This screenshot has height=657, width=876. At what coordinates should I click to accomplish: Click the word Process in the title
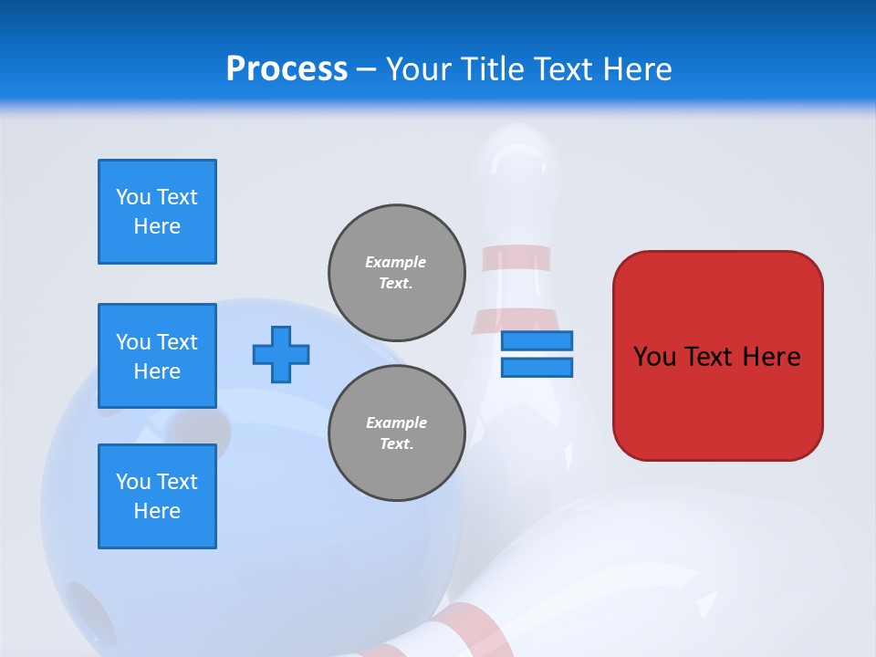287,69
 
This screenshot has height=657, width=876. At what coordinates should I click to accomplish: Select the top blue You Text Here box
157,212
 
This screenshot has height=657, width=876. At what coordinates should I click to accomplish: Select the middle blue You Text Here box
157,356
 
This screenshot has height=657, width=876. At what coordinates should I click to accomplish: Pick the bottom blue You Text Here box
157,496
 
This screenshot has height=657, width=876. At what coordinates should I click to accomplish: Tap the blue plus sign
281,354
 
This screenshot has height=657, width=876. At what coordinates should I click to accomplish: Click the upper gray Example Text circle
396,273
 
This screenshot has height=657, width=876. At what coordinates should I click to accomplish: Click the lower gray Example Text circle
396,433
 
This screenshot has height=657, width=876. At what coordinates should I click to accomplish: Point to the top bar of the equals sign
537,341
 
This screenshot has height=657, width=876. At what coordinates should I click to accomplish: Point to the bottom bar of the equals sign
537,368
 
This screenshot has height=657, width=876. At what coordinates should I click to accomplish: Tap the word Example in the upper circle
396,262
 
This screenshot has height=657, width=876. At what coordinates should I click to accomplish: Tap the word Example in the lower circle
396,422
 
